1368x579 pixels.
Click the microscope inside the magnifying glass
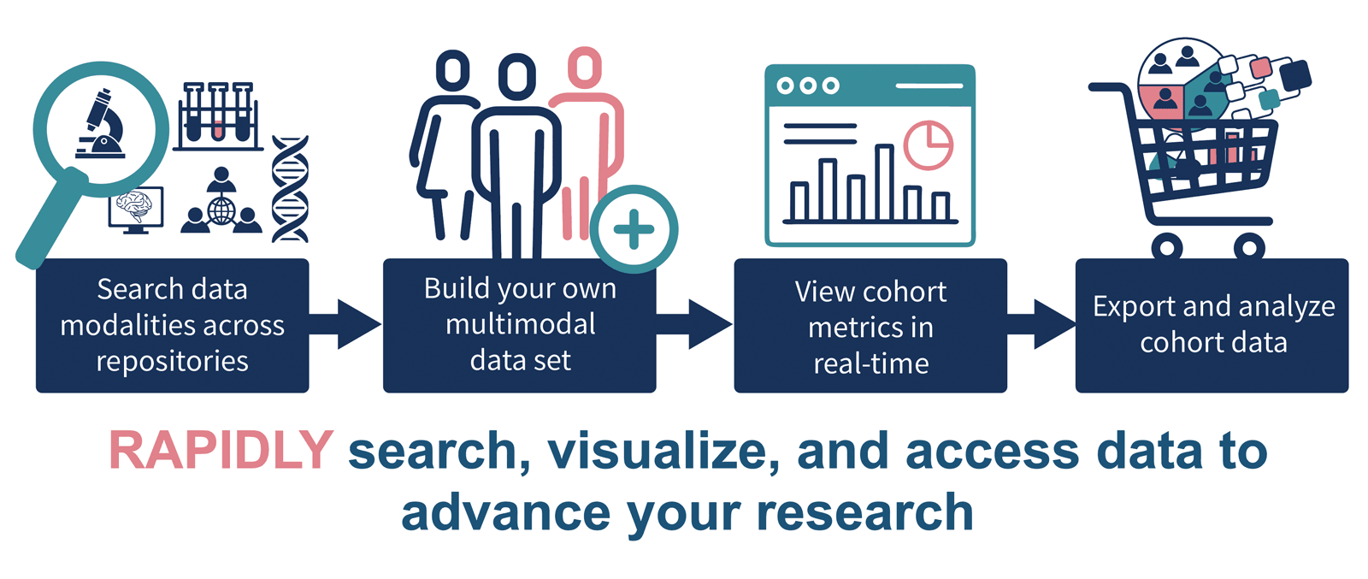pyautogui.click(x=101, y=124)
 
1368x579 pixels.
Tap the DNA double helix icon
pyautogui.click(x=290, y=189)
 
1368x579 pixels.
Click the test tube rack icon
pyautogui.click(x=218, y=116)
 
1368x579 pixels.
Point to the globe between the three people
pyautogui.click(x=221, y=211)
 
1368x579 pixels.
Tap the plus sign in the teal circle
pyautogui.click(x=634, y=230)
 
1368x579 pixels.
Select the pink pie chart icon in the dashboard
pyautogui.click(x=929, y=145)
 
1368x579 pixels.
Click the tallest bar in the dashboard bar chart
pyautogui.click(x=884, y=181)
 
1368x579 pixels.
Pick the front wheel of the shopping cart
pyautogui.click(x=1249, y=247)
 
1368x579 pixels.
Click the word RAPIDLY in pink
pyautogui.click(x=221, y=451)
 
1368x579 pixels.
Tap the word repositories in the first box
pyautogui.click(x=172, y=361)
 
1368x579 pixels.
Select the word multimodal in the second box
pyautogui.click(x=521, y=323)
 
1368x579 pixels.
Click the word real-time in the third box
pyautogui.click(x=871, y=364)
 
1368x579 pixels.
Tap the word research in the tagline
pyautogui.click(x=864, y=513)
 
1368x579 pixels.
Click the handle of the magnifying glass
pyautogui.click(x=51, y=219)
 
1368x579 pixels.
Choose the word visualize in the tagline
pyautogui.click(x=663, y=452)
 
